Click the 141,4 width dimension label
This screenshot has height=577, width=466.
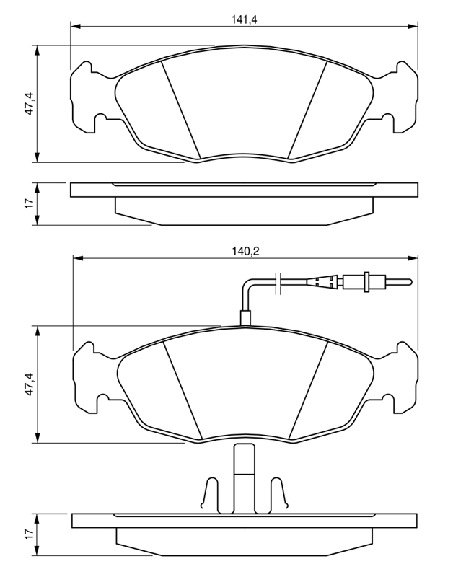coord(244,19)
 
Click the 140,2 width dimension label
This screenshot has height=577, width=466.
coord(245,251)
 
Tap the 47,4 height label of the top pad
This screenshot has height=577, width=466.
coord(30,104)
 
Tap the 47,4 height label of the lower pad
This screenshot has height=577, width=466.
coord(30,384)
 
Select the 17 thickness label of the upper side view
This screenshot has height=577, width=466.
coord(30,202)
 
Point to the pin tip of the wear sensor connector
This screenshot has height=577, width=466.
coord(410,282)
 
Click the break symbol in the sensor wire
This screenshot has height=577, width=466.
coord(278,283)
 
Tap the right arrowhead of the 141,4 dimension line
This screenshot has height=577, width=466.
coord(413,26)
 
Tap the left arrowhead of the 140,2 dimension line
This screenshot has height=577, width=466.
coord(79,258)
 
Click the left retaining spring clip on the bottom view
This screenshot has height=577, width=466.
coord(210,494)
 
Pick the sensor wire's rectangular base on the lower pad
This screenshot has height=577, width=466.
coord(245,318)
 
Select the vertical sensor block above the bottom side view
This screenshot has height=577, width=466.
coord(245,478)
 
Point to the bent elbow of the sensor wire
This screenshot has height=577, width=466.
coord(246,284)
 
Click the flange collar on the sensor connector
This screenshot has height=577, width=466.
coord(366,282)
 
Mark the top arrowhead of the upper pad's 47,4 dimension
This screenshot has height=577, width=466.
coord(37,50)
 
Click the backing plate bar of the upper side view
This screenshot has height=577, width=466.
coord(244,190)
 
